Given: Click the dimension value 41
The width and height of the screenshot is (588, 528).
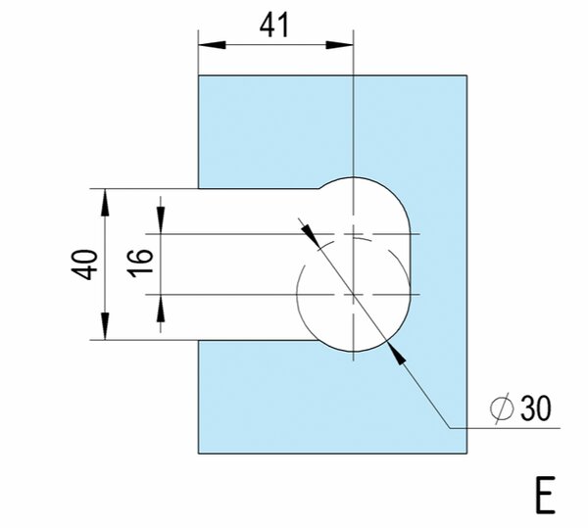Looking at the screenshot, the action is click(274, 25).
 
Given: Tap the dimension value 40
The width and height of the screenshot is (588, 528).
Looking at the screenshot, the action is click(84, 264).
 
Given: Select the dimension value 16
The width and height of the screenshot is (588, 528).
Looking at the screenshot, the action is click(141, 264).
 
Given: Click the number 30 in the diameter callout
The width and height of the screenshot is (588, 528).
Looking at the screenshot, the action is click(536, 408).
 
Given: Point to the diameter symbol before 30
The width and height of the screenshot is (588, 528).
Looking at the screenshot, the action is click(502, 408).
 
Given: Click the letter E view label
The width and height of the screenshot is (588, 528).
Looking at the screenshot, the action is click(545, 495).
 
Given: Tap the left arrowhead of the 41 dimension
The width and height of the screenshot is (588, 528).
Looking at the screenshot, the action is click(212, 45).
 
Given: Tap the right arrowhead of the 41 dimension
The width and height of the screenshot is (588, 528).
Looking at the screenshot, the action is click(339, 45).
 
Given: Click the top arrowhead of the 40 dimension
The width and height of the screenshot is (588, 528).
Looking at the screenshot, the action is click(106, 203).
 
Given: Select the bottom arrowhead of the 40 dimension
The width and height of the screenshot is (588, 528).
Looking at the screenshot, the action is click(106, 326).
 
